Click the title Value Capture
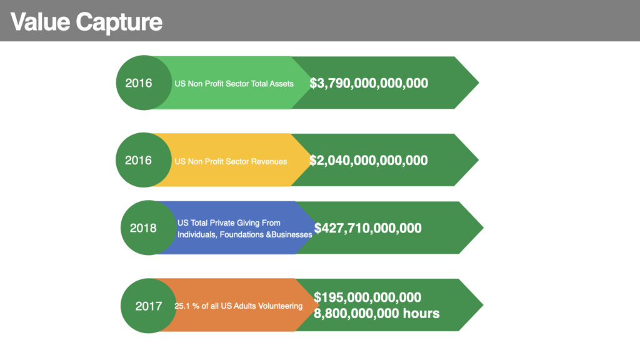(x=86, y=22)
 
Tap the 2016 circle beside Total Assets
(x=144, y=82)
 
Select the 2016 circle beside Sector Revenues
(x=144, y=160)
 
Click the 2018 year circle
(x=149, y=227)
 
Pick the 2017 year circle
(x=149, y=306)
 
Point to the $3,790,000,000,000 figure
(x=369, y=83)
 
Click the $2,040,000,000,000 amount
(x=369, y=161)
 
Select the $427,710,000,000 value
(x=367, y=228)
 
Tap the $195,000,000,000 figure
(x=367, y=297)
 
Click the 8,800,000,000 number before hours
(x=356, y=314)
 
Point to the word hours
(x=421, y=314)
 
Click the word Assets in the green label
(x=281, y=84)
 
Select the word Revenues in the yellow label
(x=269, y=162)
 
